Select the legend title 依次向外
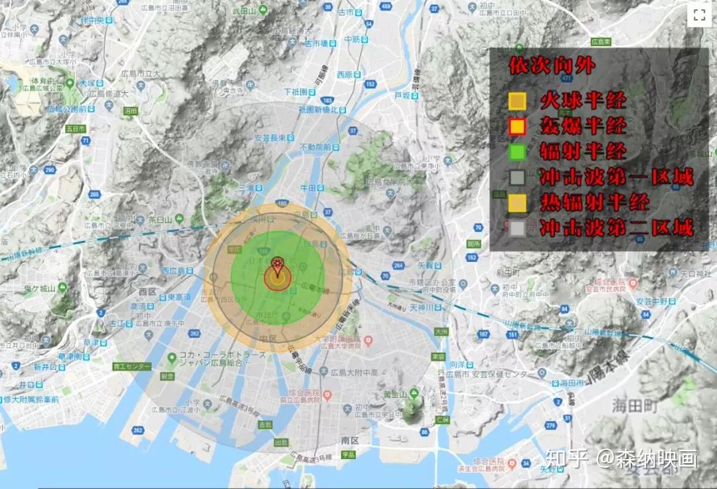point(552,66)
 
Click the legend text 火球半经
point(582,101)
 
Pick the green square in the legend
point(517,152)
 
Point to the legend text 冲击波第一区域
point(616,177)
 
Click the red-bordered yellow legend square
point(517,126)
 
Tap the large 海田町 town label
point(637,404)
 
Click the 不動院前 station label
point(314,147)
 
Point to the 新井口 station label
point(48,367)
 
